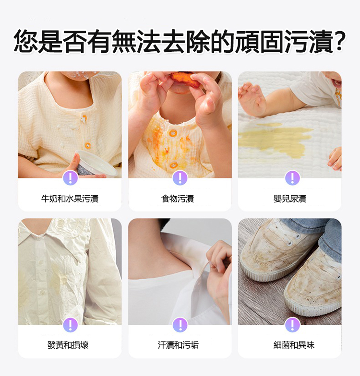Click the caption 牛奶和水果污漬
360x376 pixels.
[70, 199]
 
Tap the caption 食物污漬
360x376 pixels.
[178, 199]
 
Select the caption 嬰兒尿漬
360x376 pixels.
[290, 199]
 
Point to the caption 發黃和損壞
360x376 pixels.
[68, 345]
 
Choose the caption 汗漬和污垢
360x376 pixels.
[178, 345]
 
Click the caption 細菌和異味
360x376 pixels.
[294, 345]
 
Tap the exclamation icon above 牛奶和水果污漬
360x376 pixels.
[70, 178]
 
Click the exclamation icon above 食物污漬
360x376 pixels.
[180, 178]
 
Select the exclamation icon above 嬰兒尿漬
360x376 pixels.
[292, 178]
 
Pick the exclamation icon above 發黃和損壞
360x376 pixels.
[70, 325]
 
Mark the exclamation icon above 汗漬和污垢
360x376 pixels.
[180, 325]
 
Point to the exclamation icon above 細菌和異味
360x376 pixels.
[292, 325]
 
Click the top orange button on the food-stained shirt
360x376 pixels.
[172, 133]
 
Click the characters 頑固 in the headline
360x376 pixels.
[260, 41]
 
